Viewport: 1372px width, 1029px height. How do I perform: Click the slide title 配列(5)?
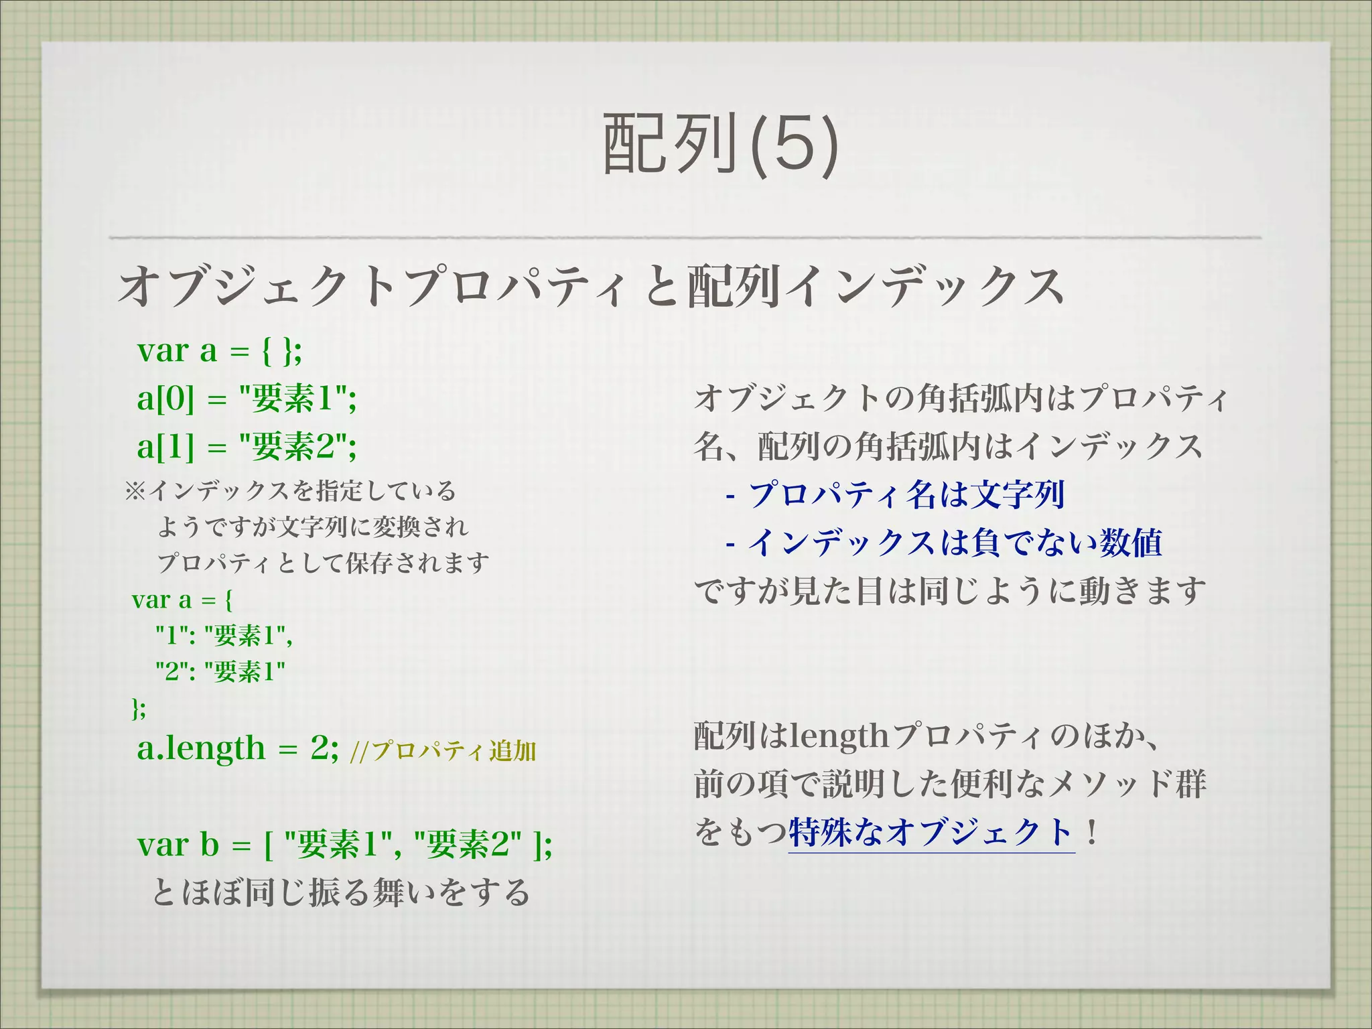click(721, 143)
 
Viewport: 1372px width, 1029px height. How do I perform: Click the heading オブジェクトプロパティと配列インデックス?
click(591, 286)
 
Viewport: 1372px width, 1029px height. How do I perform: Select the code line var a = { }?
click(220, 350)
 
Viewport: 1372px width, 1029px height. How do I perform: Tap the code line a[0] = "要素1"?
click(247, 399)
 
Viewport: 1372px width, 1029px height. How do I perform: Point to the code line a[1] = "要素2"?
click(247, 446)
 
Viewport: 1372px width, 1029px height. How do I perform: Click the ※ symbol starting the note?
click(134, 491)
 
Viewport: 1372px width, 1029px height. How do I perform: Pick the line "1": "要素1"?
click(224, 635)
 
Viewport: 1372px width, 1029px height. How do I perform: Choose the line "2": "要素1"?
click(220, 671)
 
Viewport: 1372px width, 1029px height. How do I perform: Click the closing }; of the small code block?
click(138, 707)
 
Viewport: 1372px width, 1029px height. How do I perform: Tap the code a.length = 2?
click(238, 748)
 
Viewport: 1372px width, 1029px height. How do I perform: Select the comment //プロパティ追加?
click(443, 751)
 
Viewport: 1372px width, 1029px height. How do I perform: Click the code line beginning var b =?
click(344, 844)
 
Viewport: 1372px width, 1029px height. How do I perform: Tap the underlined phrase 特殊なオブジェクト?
click(931, 833)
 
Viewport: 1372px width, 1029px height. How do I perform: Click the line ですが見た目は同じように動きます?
click(950, 591)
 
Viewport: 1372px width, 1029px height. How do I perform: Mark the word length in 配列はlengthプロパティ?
click(839, 737)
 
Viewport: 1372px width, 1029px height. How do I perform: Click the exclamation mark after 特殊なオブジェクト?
click(1092, 833)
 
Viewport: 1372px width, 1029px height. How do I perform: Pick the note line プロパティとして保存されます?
click(323, 563)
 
